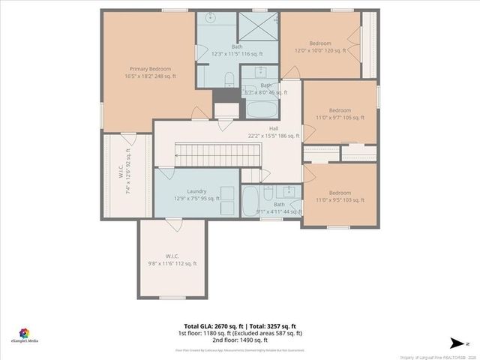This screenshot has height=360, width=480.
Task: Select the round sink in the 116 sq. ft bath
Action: [210, 25]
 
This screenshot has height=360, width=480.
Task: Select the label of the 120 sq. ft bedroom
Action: [319, 46]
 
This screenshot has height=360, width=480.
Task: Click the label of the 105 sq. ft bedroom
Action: [339, 114]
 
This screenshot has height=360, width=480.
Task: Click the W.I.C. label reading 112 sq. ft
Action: [172, 259]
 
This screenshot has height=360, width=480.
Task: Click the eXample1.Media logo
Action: [25, 334]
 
